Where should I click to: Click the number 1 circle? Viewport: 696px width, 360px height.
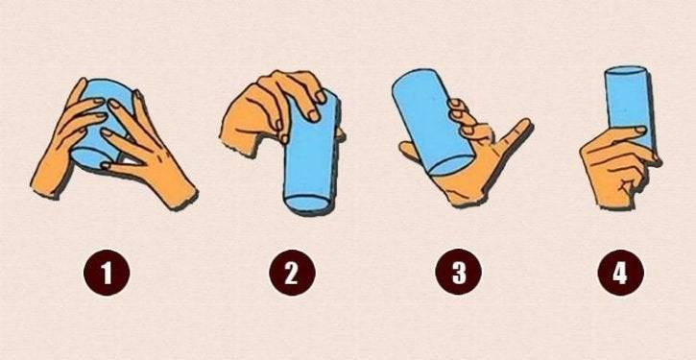(x=107, y=273)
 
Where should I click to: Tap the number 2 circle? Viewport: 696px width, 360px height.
(x=292, y=273)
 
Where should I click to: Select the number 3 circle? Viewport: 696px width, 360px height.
(x=458, y=273)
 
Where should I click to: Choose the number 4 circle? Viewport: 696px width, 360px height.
(x=620, y=273)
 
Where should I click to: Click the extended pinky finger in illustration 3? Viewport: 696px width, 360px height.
(x=515, y=133)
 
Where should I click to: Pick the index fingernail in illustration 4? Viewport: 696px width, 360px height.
(x=639, y=130)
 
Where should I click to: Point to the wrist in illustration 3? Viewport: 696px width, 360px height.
(x=466, y=195)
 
